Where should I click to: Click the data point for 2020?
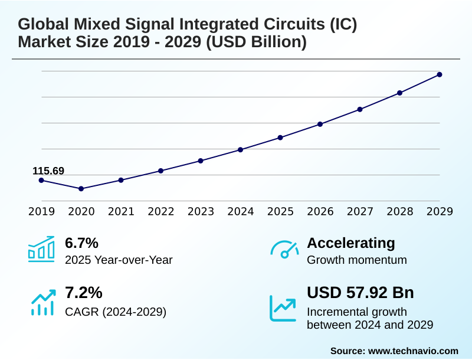click(81, 189)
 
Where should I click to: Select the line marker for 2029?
click(440, 74)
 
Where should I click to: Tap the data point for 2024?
click(240, 150)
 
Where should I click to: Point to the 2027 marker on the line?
click(360, 109)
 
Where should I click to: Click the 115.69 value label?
click(48, 171)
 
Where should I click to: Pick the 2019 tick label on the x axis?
click(41, 211)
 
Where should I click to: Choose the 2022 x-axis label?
click(160, 211)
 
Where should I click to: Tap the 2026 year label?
click(320, 211)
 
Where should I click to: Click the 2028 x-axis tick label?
click(399, 211)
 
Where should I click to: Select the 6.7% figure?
click(81, 243)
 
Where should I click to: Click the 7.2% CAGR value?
click(83, 293)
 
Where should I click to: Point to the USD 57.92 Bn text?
click(360, 293)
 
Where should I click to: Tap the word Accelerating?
click(351, 243)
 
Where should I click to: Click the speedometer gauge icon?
click(284, 250)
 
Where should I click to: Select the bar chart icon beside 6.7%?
click(41, 249)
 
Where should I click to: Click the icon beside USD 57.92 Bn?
click(283, 307)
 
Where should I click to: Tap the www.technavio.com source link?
click(413, 351)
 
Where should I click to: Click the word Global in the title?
click(42, 25)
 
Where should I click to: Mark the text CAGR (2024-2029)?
click(115, 312)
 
